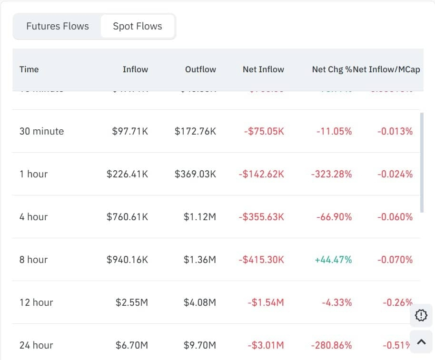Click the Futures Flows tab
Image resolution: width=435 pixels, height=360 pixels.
pos(58,26)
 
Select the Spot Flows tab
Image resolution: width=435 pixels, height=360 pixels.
pos(137,26)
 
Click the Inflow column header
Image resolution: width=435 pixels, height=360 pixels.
pos(135,69)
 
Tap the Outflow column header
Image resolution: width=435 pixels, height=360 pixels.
pos(200,69)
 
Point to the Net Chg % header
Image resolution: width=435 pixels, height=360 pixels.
pos(332,69)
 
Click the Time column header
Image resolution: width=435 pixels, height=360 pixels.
pos(29,69)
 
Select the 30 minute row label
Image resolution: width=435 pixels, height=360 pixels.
pos(41,131)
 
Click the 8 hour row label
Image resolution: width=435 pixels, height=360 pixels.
pos(33,260)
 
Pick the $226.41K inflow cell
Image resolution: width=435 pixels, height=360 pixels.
pos(127,174)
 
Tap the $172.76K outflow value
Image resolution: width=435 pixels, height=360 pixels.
pos(195,131)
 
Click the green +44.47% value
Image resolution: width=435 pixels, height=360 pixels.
pos(333,260)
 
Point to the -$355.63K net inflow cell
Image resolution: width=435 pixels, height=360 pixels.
pos(261,217)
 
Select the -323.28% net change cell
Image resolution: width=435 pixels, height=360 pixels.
pos(331,174)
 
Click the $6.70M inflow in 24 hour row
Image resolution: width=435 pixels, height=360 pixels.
pos(132,345)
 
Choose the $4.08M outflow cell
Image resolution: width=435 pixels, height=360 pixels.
pos(200,302)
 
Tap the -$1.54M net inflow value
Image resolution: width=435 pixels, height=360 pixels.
pos(266,302)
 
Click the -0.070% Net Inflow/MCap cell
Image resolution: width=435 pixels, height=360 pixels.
pos(395,260)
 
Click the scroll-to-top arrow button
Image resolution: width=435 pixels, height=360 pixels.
pos(421,341)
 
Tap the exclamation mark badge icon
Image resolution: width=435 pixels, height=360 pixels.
pos(421,315)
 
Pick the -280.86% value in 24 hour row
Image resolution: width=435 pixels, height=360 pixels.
pos(331,345)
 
